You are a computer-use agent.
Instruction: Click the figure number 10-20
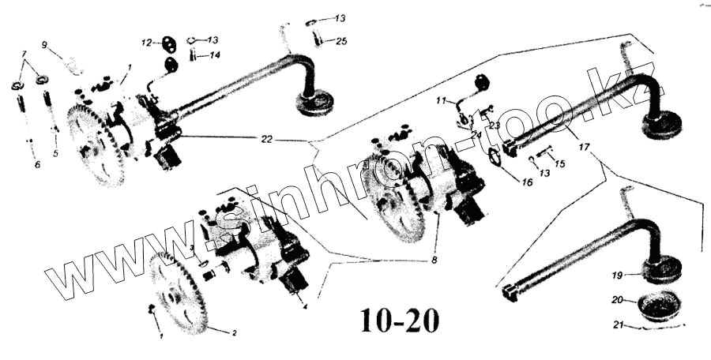(x=399, y=320)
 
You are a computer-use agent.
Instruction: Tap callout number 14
(x=216, y=55)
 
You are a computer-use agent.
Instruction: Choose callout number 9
(x=44, y=43)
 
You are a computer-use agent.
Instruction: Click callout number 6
(x=36, y=164)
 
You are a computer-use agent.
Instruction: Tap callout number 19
(x=617, y=275)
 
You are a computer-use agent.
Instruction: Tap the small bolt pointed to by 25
(x=318, y=36)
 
